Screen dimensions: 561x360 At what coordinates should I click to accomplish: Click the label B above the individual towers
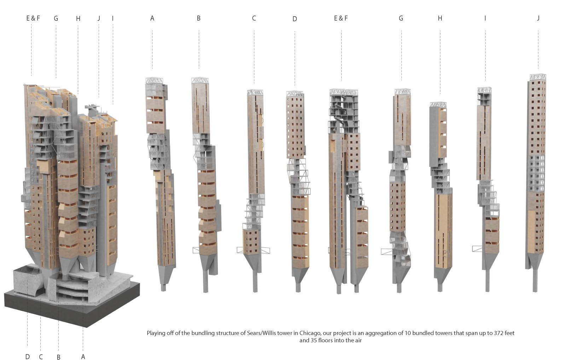tap(198, 18)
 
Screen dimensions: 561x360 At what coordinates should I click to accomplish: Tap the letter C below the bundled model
tap(41, 356)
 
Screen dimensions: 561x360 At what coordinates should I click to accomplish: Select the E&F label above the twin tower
tap(341, 18)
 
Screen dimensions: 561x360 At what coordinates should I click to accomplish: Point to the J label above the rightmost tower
tap(538, 18)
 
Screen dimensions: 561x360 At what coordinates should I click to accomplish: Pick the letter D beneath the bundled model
tap(28, 356)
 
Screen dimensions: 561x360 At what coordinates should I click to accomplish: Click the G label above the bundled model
tap(56, 18)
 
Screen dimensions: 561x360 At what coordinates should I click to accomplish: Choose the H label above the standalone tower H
tap(440, 18)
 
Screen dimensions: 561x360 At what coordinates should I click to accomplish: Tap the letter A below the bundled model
tap(83, 356)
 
